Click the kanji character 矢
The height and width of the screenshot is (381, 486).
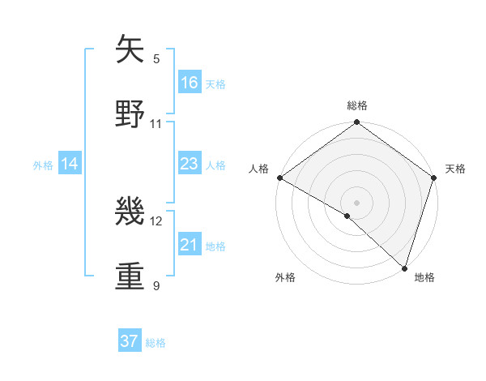(131, 49)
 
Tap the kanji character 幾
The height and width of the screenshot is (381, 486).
(131, 212)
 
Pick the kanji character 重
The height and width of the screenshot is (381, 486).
(131, 276)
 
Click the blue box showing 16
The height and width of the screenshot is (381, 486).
(190, 83)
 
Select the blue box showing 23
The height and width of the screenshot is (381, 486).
(190, 164)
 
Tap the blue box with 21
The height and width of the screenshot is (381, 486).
(190, 245)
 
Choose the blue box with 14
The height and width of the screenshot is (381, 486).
(70, 164)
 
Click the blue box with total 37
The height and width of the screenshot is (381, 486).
(130, 341)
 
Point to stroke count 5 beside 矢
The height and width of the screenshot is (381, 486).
(156, 58)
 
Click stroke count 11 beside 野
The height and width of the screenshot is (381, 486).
(156, 124)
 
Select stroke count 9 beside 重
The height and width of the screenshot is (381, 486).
(156, 285)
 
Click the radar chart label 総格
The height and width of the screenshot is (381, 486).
(357, 105)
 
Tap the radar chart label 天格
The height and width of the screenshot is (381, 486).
(455, 169)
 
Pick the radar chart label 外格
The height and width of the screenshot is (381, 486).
(285, 277)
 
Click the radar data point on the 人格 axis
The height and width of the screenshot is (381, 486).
(279, 178)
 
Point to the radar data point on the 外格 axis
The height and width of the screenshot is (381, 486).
(347, 216)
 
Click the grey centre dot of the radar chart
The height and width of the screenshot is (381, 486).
(357, 202)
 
